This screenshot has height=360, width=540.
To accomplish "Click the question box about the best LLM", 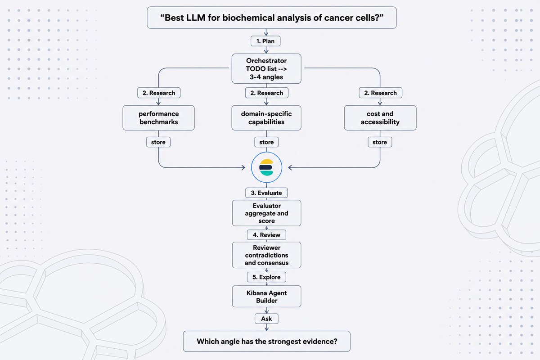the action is (272, 18).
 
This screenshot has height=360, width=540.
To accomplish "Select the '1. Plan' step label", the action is (265, 41).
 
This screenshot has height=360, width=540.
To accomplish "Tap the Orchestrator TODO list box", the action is (266, 69).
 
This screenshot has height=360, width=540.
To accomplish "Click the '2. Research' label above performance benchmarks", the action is (159, 93).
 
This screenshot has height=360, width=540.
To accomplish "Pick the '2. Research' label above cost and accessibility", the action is (380, 93).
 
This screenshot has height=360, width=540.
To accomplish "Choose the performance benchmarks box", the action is (158, 118).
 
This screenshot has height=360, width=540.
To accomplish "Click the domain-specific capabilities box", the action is (266, 118).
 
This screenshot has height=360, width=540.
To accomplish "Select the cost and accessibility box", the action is (380, 118).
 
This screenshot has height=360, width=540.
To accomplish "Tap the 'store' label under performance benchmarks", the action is (158, 142).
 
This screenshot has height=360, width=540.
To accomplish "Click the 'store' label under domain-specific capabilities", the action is (266, 142).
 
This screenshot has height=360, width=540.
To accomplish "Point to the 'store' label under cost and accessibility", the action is (380, 142).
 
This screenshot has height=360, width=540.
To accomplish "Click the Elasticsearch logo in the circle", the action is (266, 167).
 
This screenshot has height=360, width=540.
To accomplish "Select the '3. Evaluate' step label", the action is (266, 193).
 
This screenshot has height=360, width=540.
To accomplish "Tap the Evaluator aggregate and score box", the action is (266, 213).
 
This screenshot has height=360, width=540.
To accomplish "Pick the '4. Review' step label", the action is (266, 235).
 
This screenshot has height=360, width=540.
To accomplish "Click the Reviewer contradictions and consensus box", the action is (266, 255).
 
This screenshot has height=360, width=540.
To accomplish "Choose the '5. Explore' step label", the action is (266, 277).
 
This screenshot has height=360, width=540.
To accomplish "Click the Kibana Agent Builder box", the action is (266, 297).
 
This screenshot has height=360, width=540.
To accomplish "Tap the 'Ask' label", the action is (266, 319).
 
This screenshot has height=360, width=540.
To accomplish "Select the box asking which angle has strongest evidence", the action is (266, 342).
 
